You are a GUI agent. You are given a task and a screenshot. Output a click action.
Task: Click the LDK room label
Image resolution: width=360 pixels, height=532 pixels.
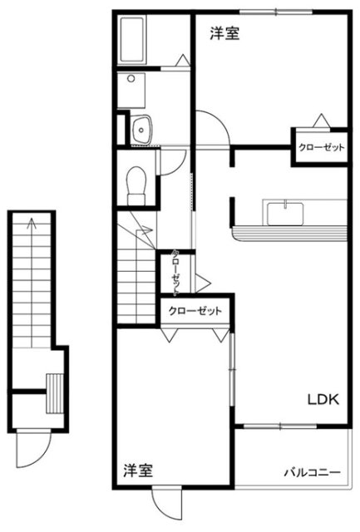pyautogui.click(x=323, y=399)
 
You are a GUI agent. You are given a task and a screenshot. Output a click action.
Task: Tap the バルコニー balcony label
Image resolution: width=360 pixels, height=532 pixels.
pyautogui.click(x=312, y=472)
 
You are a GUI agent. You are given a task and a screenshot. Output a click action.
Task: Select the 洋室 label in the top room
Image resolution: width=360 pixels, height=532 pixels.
pyautogui.click(x=224, y=34)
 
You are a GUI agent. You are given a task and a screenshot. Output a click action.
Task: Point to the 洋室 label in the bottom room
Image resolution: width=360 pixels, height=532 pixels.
pyautogui.click(x=138, y=470)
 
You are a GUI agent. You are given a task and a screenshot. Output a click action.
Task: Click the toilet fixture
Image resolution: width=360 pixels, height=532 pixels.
pyautogui.click(x=136, y=185)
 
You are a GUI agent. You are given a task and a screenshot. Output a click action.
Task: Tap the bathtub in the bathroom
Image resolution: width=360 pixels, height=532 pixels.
pyautogui.click(x=132, y=39)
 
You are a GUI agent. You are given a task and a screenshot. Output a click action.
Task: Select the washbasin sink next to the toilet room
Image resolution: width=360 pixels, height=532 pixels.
pyautogui.click(x=142, y=129)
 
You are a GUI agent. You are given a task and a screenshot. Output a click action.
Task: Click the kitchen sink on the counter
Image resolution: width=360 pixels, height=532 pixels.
pyautogui.click(x=285, y=214)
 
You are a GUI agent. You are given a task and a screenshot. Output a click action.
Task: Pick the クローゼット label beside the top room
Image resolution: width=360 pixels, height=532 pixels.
pyautogui.click(x=321, y=148)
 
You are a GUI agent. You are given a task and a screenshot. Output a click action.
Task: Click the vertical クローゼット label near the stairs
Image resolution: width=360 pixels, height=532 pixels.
pyautogui.click(x=175, y=272)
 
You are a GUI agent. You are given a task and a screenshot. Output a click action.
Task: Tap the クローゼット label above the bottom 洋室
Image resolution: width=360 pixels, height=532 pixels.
pyautogui.click(x=195, y=310)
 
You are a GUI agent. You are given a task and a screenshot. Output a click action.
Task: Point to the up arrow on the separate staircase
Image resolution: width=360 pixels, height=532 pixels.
pyautogui.click(x=32, y=283)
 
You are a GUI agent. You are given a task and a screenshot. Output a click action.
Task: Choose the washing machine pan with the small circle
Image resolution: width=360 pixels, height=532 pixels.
pyautogui.click(x=131, y=91)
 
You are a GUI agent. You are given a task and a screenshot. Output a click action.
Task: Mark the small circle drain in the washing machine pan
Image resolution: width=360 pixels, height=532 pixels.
pyautogui.click(x=131, y=79)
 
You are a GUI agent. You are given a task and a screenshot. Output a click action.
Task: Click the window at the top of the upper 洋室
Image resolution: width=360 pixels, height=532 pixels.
pyautogui.click(x=276, y=13)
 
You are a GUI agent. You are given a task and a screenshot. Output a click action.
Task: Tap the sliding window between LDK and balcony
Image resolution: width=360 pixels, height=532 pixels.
pyautogui.click(x=280, y=426)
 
